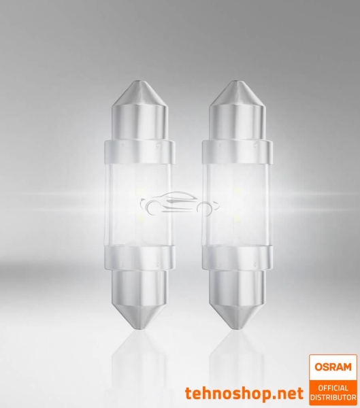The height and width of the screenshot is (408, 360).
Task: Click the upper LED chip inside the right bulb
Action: pyautogui.click(x=238, y=192)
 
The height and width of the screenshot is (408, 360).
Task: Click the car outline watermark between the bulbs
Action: pyautogui.click(x=172, y=203)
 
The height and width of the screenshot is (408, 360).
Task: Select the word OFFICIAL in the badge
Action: pyautogui.click(x=333, y=387)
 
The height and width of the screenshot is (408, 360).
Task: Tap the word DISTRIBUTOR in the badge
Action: pyautogui.click(x=333, y=396)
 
